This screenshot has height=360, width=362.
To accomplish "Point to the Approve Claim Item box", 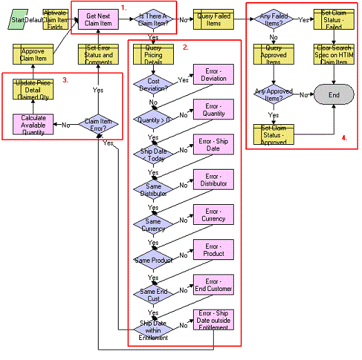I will pos(34,55).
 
